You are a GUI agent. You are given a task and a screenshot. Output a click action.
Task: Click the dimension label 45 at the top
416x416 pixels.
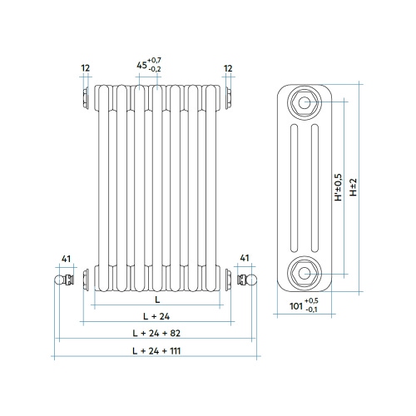141,67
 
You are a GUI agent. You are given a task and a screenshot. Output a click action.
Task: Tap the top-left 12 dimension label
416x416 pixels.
85,67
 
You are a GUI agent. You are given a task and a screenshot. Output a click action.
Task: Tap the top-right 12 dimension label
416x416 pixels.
227,67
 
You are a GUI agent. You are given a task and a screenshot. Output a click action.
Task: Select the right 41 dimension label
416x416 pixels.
245,259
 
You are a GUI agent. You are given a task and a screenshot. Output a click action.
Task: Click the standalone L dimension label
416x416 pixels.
156,298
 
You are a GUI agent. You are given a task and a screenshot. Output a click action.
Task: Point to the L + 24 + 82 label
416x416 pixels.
156,333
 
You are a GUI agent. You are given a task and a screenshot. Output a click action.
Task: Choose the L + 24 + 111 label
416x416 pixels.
156,351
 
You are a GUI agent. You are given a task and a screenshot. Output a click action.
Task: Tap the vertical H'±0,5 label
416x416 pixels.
337,186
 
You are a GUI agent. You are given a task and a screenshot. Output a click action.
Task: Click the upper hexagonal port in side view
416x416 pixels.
303,104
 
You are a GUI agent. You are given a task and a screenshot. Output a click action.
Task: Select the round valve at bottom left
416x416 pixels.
61,280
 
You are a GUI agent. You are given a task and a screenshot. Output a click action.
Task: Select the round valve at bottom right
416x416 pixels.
250,280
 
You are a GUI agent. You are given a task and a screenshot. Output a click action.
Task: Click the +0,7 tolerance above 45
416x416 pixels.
155,62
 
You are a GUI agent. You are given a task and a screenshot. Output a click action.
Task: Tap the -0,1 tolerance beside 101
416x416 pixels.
311,310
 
